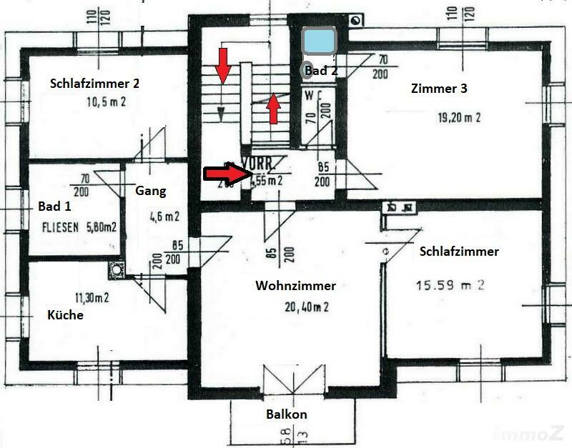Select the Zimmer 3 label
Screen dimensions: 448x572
(439, 89)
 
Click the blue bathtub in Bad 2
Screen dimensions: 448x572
(319, 42)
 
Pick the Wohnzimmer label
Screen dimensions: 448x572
(295, 286)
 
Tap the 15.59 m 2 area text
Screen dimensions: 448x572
(450, 285)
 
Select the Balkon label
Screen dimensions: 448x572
(287, 414)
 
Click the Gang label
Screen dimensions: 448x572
(150, 191)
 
